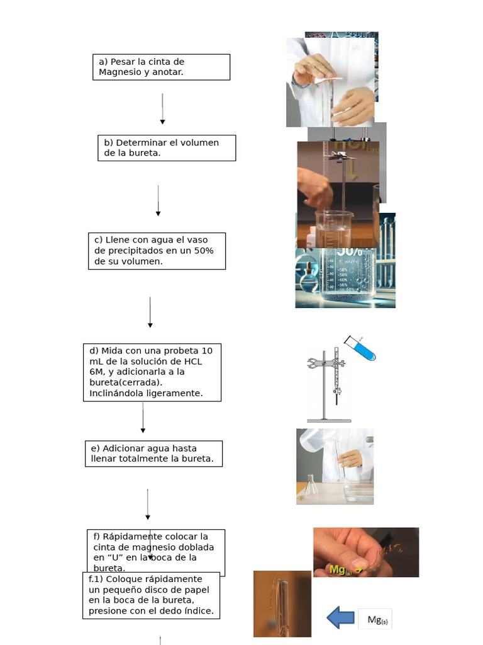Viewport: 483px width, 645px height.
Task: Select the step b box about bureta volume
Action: (167, 148)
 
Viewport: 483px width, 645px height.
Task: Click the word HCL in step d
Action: (192, 362)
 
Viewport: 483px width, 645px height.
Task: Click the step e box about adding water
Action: (153, 454)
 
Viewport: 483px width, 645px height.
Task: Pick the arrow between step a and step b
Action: (162, 109)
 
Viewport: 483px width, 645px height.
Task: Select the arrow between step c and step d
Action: (150, 312)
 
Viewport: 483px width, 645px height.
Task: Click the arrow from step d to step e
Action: (143, 418)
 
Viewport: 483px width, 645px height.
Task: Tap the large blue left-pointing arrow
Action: (341, 617)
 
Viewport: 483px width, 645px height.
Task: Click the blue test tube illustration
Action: (361, 349)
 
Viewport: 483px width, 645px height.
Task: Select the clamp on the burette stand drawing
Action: (319, 363)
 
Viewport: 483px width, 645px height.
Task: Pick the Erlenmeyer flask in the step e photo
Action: (311, 486)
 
